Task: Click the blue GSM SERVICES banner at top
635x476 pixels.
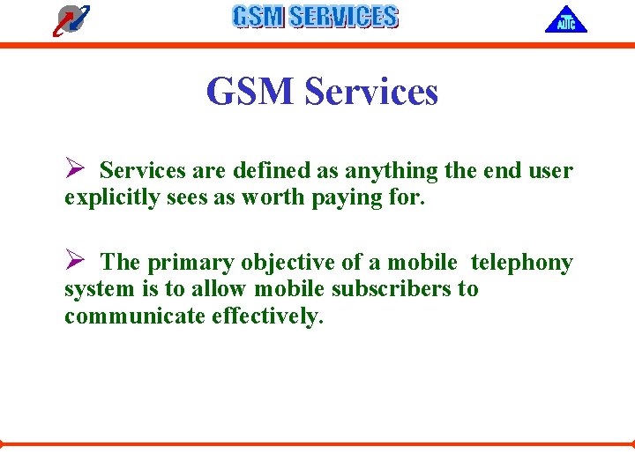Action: [x=315, y=17]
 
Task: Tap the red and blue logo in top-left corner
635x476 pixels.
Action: [x=71, y=19]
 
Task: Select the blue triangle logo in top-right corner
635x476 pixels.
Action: [x=565, y=19]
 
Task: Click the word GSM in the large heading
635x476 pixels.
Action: [x=249, y=92]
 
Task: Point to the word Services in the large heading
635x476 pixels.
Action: [x=370, y=92]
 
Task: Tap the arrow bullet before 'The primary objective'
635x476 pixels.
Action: [x=74, y=261]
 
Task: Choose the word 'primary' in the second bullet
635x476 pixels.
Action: [x=181, y=263]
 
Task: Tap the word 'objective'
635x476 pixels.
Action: [x=265, y=263]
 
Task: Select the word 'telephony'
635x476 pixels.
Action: [x=522, y=263]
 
